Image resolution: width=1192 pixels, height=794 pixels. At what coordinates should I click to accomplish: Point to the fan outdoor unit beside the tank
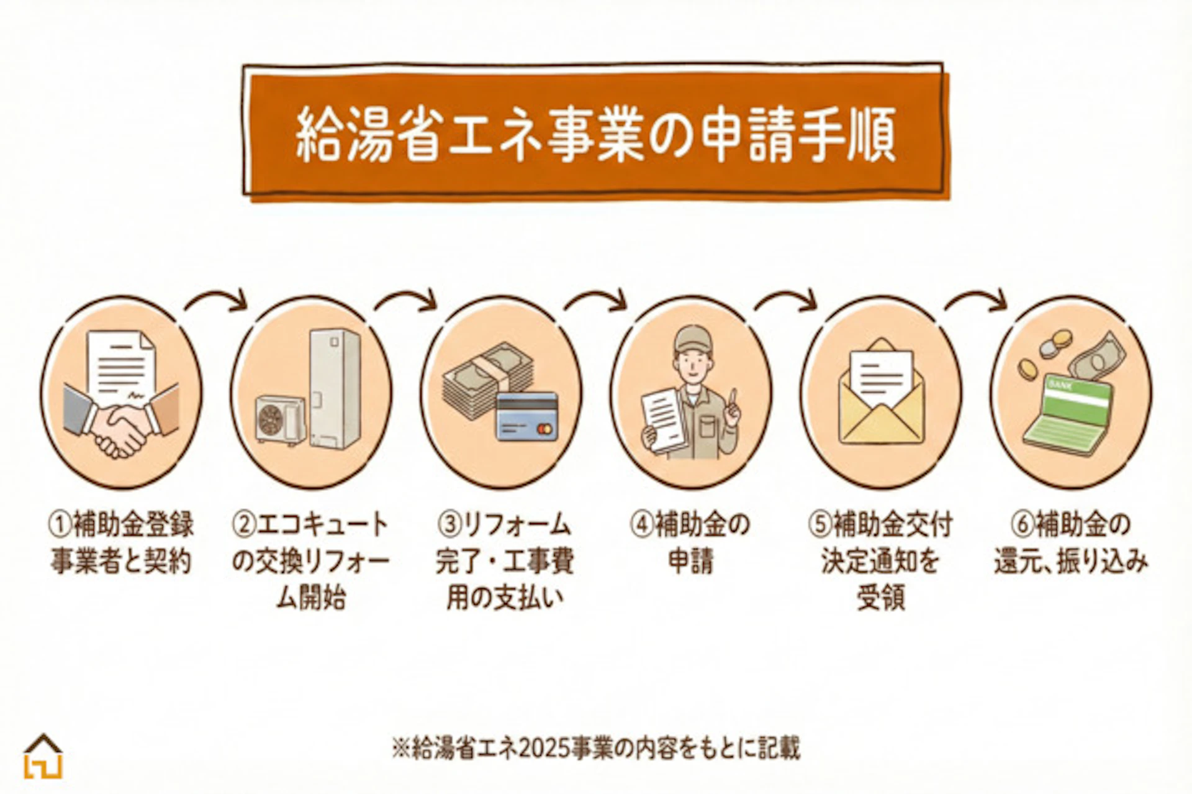(x=280, y=419)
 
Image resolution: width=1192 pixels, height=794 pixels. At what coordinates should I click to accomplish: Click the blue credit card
(x=527, y=416)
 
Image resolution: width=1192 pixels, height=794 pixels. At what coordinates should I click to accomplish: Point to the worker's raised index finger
(x=733, y=398)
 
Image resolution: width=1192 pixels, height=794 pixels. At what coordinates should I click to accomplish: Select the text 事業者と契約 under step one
(x=121, y=562)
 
